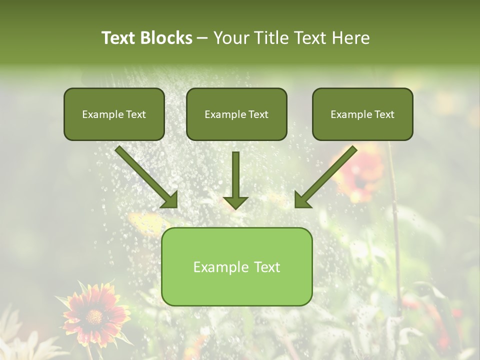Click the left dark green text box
(x=114, y=114)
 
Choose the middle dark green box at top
(x=236, y=114)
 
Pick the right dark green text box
(x=362, y=114)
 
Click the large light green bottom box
(x=236, y=266)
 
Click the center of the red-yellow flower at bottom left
(x=93, y=316)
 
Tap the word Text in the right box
(x=384, y=114)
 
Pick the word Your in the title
(x=230, y=38)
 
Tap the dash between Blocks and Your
(x=202, y=38)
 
